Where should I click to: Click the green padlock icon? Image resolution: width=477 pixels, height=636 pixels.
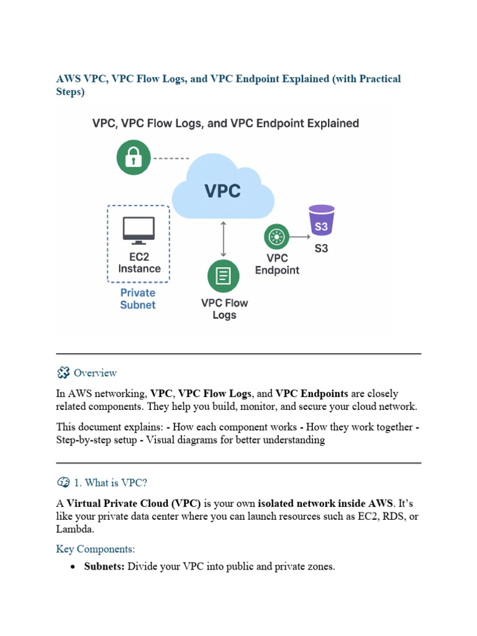(x=134, y=158)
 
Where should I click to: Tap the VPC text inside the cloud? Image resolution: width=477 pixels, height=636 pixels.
(x=222, y=190)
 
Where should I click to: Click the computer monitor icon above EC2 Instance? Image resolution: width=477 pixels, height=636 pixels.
(x=139, y=231)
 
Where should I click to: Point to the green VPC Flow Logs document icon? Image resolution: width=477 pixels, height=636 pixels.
(x=223, y=276)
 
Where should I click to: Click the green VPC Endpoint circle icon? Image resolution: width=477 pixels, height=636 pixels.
(x=277, y=237)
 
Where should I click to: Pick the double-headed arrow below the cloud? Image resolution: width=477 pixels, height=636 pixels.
(x=223, y=238)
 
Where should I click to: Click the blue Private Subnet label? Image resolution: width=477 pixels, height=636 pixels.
(x=138, y=299)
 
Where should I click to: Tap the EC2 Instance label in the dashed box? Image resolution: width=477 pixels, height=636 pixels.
(x=139, y=263)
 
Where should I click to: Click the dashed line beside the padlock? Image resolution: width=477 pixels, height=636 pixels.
(x=171, y=158)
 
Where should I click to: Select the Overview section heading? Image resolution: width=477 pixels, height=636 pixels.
(x=95, y=373)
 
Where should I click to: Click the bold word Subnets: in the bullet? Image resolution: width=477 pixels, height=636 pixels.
(x=104, y=567)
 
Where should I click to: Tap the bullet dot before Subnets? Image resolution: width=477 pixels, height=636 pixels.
(x=73, y=568)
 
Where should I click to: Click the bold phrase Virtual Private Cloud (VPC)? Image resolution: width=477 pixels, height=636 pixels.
(x=134, y=503)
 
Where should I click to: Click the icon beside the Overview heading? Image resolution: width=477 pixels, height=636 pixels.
(x=63, y=373)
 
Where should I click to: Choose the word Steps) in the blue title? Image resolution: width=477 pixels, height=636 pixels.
(x=70, y=92)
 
